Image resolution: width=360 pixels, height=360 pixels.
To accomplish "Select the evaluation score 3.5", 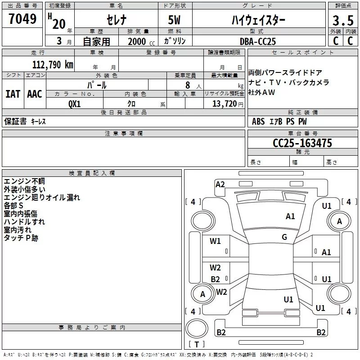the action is click(x=342, y=21).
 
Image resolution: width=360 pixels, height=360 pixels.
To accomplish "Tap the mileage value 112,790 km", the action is click(x=53, y=65).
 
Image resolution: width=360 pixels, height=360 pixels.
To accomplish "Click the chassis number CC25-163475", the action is click(x=302, y=144).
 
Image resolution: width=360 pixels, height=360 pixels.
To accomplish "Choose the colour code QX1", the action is click(x=75, y=103).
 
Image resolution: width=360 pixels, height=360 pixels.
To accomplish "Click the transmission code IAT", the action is click(x=13, y=94).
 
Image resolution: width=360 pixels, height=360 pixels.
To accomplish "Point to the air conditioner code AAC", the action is click(x=35, y=94).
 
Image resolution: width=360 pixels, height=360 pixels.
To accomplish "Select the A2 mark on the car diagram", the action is click(x=220, y=184).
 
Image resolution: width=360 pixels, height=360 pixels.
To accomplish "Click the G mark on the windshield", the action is click(x=284, y=237).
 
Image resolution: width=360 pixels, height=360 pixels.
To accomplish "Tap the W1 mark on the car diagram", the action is click(x=216, y=241).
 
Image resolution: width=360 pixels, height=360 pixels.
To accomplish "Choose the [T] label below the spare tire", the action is click(x=197, y=344).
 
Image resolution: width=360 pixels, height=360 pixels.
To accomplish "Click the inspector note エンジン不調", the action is click(x=24, y=181).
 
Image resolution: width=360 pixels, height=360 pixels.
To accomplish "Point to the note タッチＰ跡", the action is click(x=21, y=238).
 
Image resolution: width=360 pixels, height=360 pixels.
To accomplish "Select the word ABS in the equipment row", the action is click(x=258, y=121).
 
